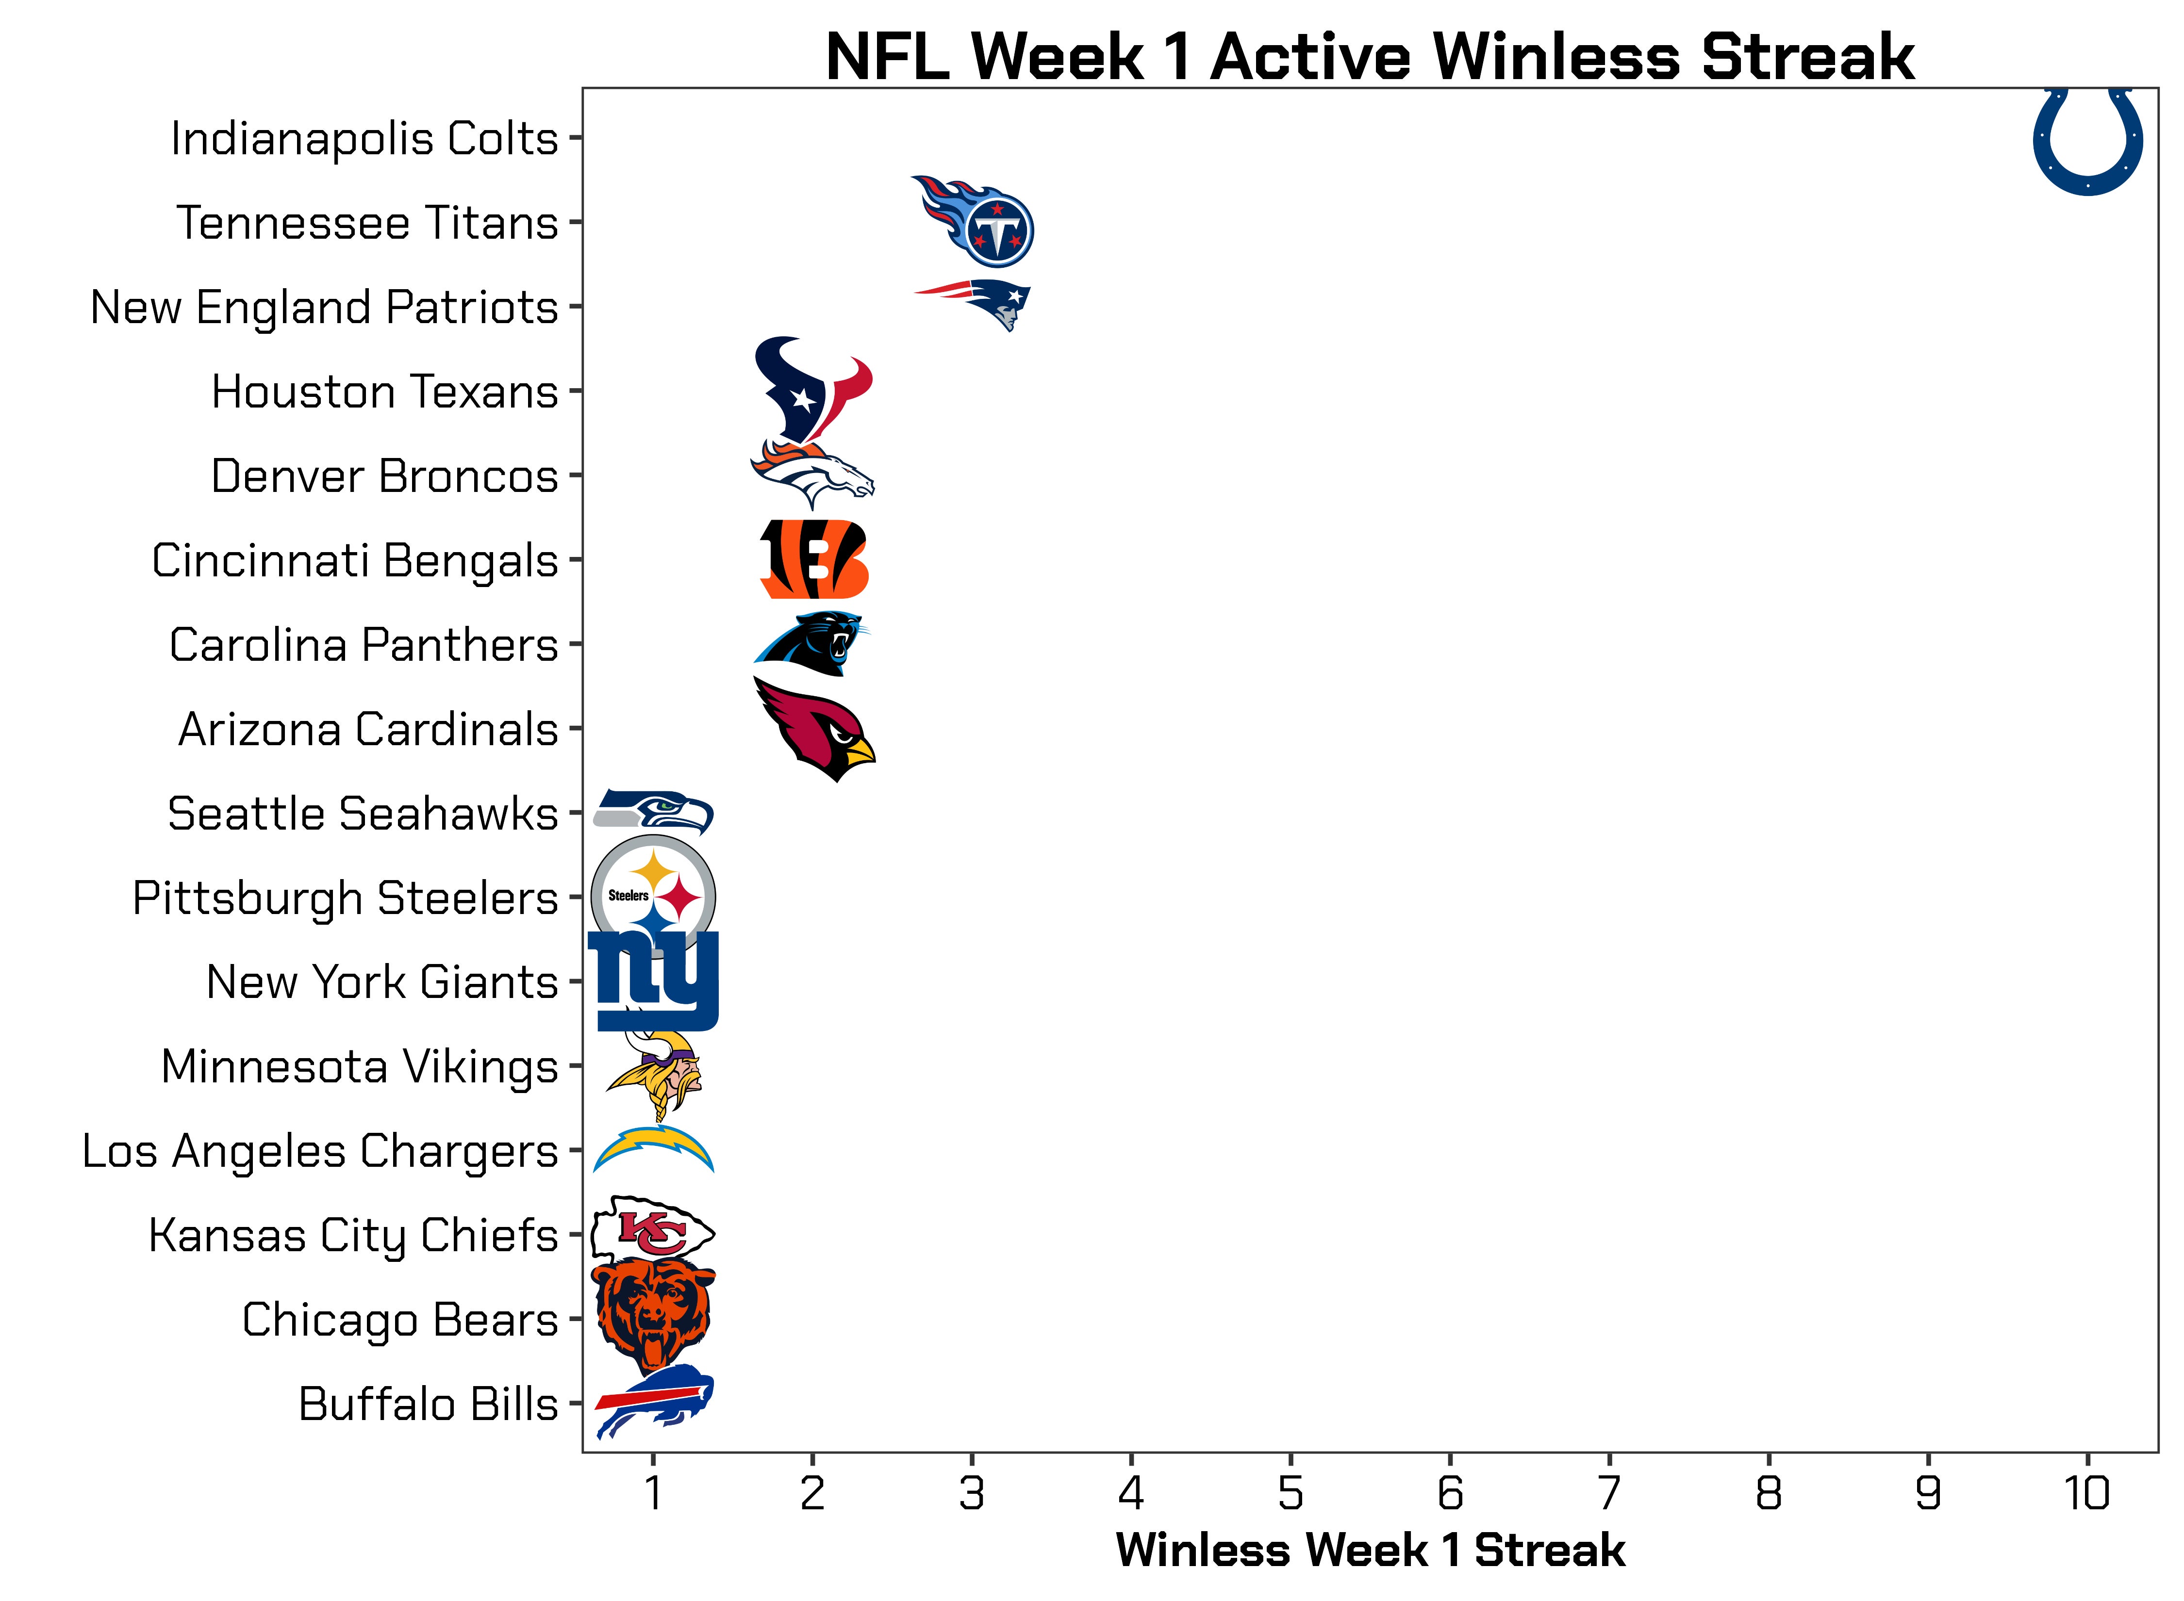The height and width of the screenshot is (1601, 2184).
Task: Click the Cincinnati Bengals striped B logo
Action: click(813, 559)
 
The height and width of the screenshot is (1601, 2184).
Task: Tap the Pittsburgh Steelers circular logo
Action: click(653, 897)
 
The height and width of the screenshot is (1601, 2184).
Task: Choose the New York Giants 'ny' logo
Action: click(653, 981)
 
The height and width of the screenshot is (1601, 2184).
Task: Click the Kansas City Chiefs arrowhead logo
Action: click(653, 1233)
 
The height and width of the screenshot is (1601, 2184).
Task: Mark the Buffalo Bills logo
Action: click(653, 1401)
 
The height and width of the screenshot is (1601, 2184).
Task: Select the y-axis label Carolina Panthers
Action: click(364, 644)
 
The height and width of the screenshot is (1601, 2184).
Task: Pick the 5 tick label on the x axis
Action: click(1290, 1493)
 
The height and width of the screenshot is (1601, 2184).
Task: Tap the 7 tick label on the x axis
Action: click(1609, 1493)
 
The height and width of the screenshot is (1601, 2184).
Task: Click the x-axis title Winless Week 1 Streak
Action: click(1370, 1550)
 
